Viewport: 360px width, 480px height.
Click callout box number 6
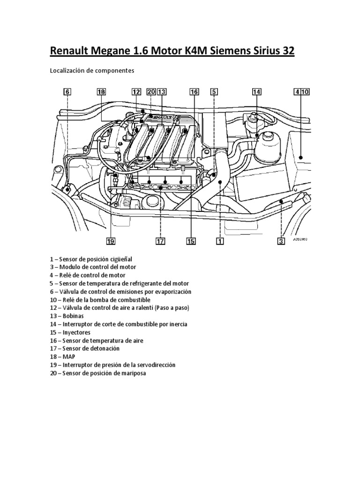[67, 92]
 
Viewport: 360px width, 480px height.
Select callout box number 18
[101, 92]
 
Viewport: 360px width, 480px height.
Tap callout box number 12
[136, 92]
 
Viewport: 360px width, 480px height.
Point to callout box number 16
[194, 92]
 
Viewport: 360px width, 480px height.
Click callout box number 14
[256, 92]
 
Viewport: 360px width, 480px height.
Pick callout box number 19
[111, 241]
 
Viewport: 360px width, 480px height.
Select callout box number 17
[160, 241]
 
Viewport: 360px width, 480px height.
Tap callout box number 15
[191, 241]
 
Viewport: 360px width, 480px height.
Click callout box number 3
[281, 241]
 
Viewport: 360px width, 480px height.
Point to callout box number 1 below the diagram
[219, 241]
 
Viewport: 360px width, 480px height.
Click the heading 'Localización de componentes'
[92, 70]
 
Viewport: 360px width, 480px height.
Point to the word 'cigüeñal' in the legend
[121, 259]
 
